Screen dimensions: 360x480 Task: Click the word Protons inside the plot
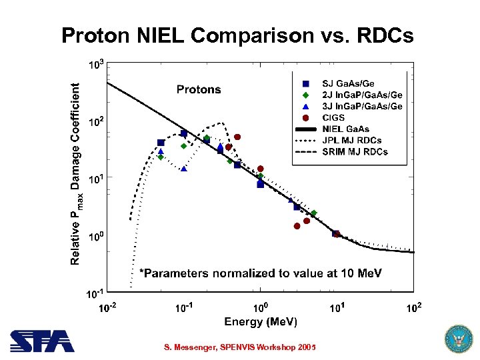coord(198,89)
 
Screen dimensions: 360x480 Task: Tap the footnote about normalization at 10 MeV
coord(259,273)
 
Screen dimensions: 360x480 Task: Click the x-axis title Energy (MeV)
coord(261,322)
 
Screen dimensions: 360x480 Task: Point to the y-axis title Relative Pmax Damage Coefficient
coord(77,173)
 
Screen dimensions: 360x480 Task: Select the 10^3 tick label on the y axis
coord(96,65)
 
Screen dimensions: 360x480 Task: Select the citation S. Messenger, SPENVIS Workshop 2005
coord(240,347)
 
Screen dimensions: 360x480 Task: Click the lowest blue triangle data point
coord(184,169)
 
